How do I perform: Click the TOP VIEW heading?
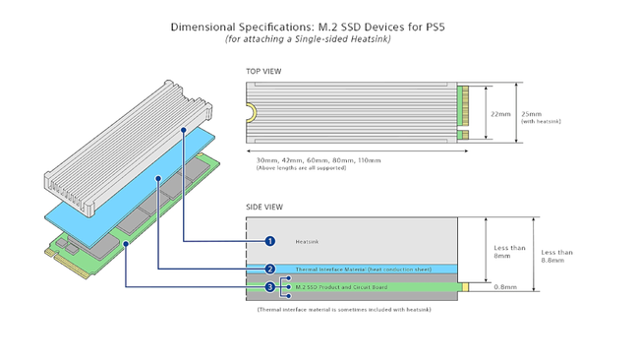click(264, 72)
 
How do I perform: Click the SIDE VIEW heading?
click(264, 207)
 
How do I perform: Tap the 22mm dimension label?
click(500, 113)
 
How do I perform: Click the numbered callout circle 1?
click(270, 240)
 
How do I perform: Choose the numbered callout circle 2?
click(270, 269)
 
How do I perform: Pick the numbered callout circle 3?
click(270, 287)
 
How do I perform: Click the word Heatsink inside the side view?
click(308, 241)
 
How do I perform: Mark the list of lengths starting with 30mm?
click(318, 159)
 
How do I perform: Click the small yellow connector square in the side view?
click(467, 287)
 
